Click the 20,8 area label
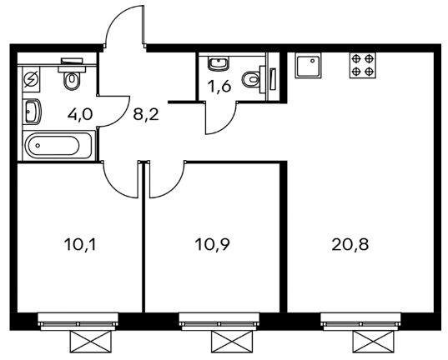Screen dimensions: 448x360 350,245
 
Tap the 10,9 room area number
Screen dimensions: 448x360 212,245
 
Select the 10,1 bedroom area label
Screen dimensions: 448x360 80,245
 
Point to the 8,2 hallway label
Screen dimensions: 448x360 146,114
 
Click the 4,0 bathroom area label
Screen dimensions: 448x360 80,114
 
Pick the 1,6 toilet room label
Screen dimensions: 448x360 220,87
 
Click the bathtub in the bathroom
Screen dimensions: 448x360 59,146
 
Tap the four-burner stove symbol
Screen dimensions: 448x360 363,65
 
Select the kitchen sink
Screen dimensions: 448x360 308,65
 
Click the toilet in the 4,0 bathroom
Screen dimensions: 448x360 72,75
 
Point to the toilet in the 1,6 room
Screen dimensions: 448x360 254,79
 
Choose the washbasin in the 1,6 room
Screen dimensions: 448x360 218,63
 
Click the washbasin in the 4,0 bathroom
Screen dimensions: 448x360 33,112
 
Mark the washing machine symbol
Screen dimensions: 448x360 31,79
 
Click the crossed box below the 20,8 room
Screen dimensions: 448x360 373,342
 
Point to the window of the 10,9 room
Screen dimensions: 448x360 219,322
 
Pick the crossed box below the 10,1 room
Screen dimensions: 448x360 91,342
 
